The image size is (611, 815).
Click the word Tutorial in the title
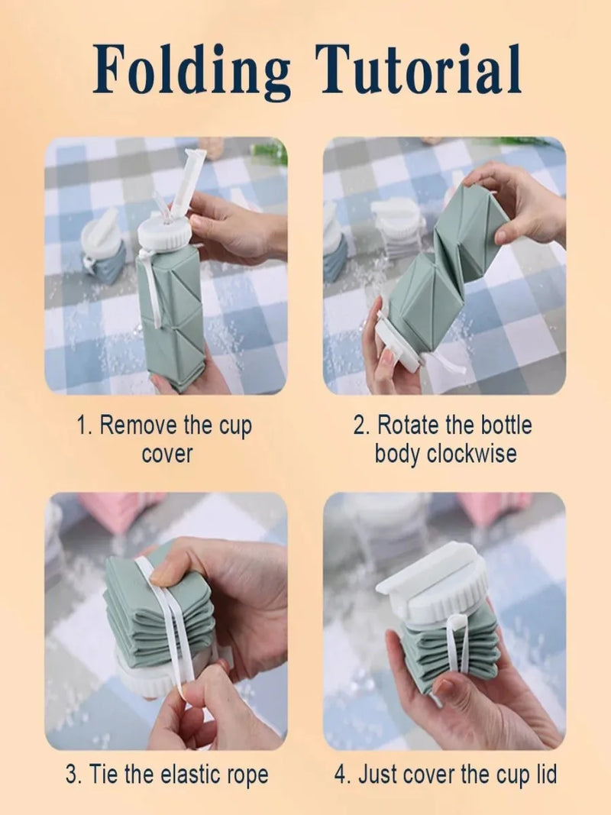(418, 70)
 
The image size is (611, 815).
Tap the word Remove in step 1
(138, 425)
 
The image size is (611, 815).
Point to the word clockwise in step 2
(472, 453)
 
